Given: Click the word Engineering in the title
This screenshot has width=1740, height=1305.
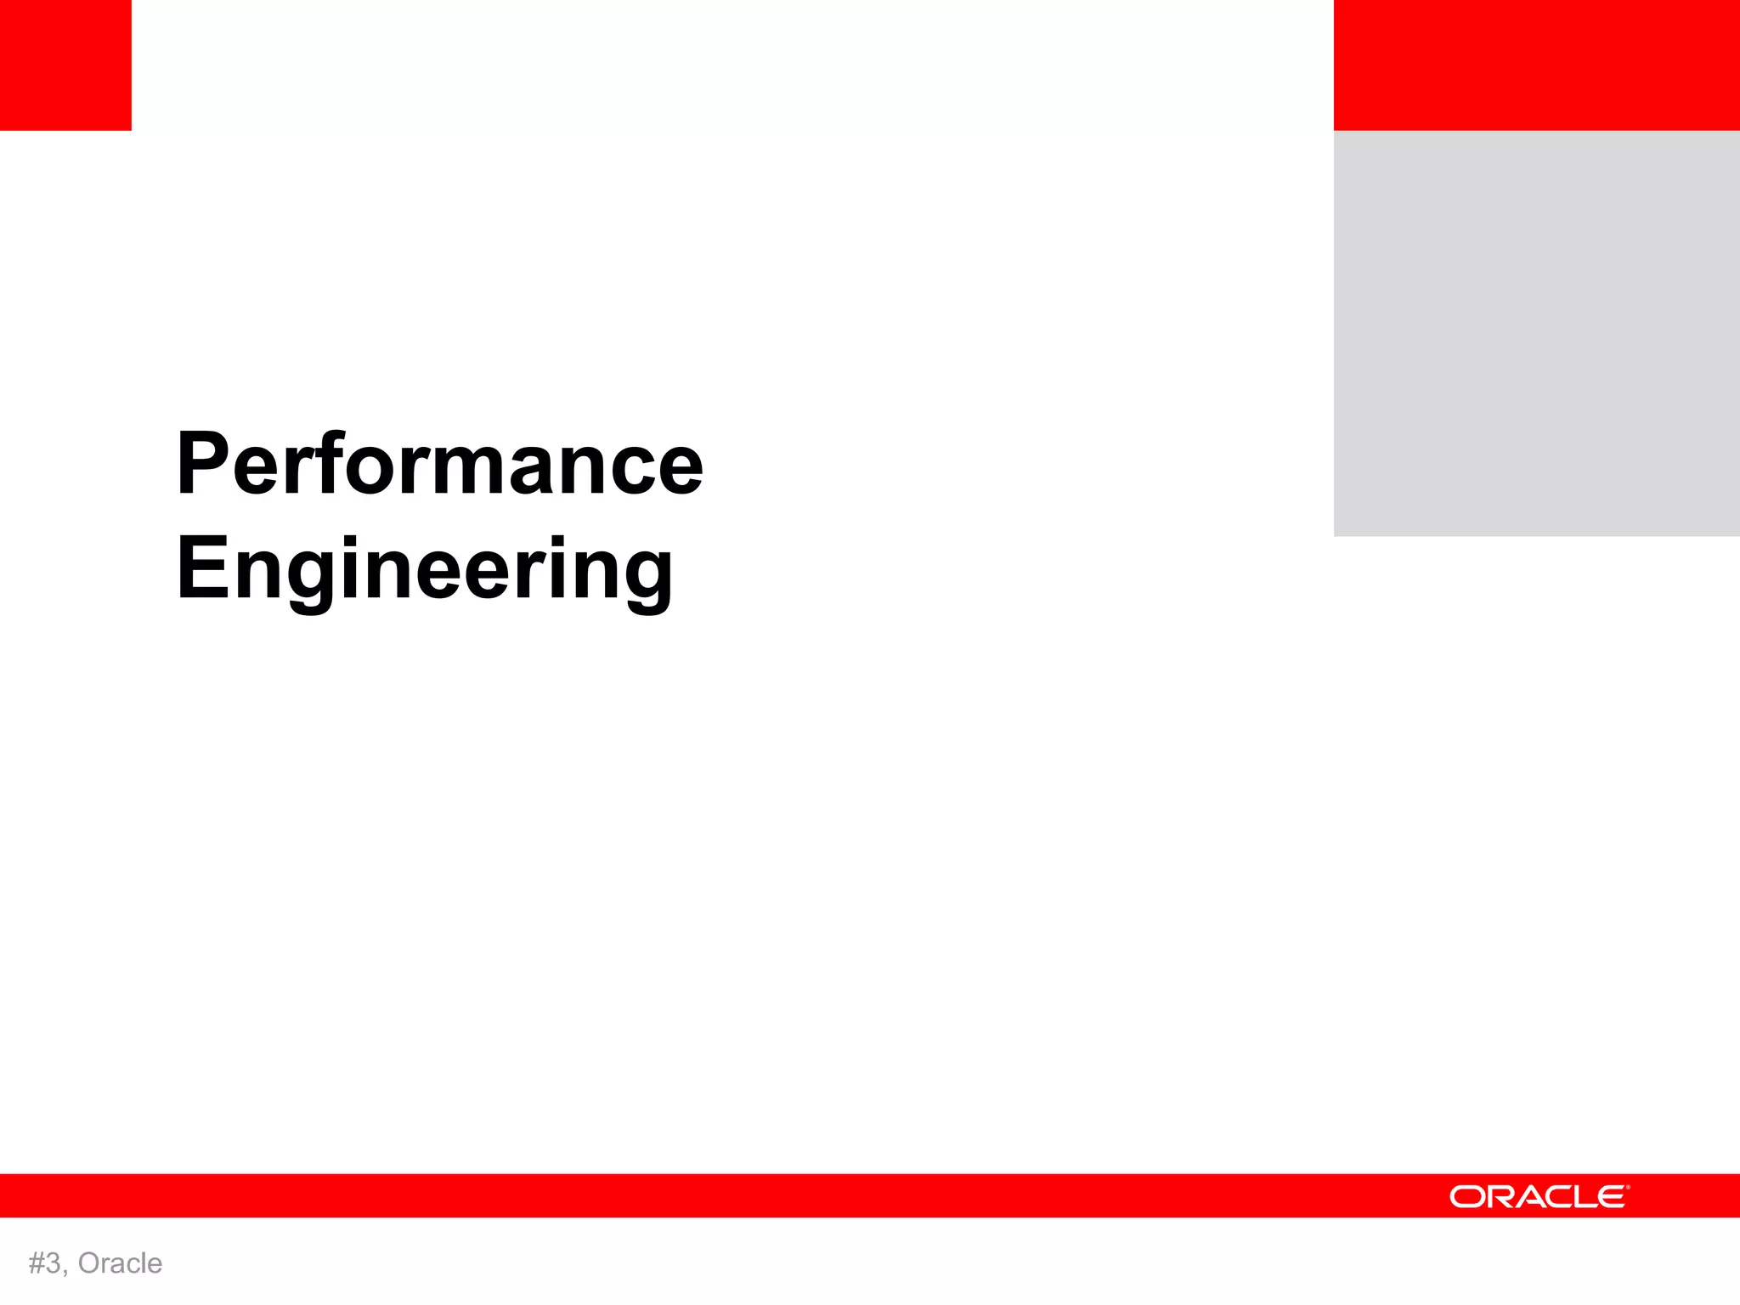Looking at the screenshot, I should (x=425, y=568).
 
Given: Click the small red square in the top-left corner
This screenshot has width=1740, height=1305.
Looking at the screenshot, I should (x=65, y=65).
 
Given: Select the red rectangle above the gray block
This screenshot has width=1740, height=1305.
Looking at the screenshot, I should (x=1536, y=65).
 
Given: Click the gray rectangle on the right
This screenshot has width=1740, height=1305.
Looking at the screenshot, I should (x=1536, y=333).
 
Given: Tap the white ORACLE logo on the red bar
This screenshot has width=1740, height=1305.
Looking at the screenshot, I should (x=1539, y=1196).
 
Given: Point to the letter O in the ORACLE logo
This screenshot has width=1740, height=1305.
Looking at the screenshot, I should (x=1466, y=1197).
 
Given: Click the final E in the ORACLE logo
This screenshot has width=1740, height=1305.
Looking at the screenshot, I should (x=1611, y=1197).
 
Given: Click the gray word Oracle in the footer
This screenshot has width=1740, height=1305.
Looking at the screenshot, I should (x=120, y=1263).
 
